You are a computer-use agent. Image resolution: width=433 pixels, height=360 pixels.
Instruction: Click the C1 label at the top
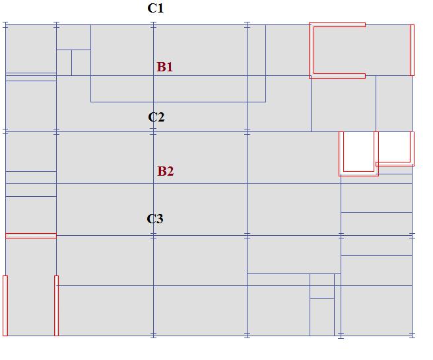pos(155,9)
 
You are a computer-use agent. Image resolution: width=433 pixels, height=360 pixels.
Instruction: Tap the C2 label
pos(156,118)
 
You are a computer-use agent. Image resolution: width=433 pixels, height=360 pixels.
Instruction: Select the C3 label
pos(154,219)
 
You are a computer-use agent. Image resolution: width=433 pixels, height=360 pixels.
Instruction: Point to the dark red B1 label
pos(164,67)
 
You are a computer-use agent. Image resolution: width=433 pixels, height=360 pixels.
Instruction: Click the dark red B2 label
pos(165,171)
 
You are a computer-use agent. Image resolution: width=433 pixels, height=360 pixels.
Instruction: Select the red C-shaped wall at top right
pos(312,50)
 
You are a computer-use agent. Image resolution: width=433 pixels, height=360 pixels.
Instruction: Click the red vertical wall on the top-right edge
pos(412,50)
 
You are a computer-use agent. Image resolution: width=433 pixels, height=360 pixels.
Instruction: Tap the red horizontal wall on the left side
pos(30,236)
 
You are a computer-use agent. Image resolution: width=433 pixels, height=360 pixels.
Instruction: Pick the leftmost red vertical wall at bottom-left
pos(5,306)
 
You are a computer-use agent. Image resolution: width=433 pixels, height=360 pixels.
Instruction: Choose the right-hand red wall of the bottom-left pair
pos(56,306)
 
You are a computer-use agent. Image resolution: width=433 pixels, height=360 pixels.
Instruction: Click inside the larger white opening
pos(358,151)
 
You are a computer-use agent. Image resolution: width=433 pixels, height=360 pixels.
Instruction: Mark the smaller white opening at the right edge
pos(395,147)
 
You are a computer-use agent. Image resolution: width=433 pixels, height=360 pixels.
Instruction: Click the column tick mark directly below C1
pos(154,24)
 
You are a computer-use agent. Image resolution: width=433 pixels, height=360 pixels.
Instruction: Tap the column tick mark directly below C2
pos(154,132)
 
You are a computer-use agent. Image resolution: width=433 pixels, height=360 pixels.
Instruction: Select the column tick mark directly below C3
pos(154,235)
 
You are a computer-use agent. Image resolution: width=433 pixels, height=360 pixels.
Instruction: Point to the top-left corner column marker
pos(5,24)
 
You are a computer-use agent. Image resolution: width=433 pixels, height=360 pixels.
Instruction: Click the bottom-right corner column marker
pos(413,336)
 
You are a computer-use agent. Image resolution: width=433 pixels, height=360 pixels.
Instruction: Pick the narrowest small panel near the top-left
pos(63,63)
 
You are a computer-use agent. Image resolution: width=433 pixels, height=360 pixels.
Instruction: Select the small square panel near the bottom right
pos(322,286)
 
